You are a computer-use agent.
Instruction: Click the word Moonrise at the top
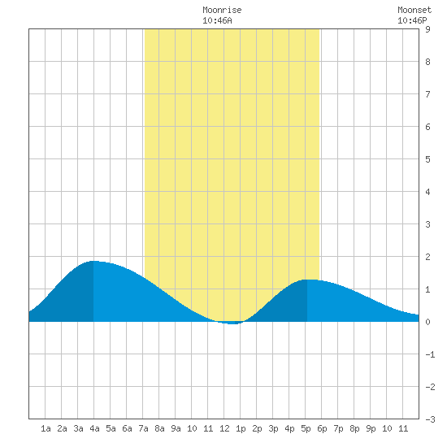(222, 10)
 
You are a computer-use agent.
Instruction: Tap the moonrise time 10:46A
(217, 20)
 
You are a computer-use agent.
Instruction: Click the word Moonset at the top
(414, 10)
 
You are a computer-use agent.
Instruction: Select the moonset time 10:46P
(412, 20)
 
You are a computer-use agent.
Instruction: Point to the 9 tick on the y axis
(427, 29)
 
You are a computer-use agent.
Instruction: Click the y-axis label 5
(427, 159)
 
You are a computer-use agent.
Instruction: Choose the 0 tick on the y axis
(427, 322)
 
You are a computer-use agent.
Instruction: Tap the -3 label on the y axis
(430, 419)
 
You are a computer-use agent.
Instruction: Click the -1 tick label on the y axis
(430, 354)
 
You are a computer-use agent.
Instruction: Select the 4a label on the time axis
(94, 428)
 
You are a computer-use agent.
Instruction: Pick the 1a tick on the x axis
(46, 428)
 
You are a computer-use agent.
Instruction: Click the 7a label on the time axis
(143, 428)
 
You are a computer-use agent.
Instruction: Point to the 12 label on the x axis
(224, 428)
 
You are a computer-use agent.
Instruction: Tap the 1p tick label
(241, 428)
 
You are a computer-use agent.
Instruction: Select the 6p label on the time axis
(322, 428)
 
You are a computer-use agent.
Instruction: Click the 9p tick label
(371, 428)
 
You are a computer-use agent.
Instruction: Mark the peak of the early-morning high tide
(94, 261)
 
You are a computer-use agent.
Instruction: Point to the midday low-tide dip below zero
(232, 323)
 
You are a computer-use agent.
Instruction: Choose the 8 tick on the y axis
(427, 62)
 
